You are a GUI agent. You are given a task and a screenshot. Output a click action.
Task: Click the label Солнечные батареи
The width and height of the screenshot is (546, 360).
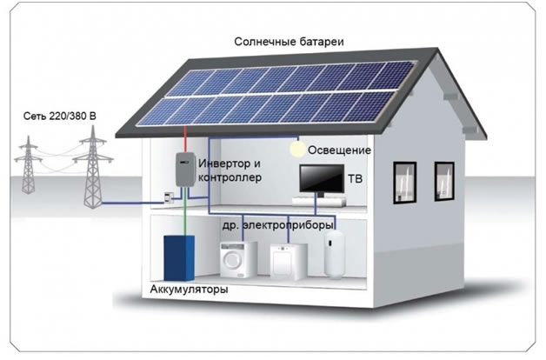[x=289, y=42]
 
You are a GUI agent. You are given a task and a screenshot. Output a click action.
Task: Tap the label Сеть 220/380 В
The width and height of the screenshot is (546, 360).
[x=59, y=116]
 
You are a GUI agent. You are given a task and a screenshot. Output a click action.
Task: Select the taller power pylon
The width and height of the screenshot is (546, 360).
[x=93, y=167]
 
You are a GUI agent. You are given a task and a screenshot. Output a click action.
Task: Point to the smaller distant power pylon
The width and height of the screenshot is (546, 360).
[x=28, y=164]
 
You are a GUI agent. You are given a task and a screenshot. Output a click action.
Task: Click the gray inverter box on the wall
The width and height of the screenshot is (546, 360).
[x=185, y=170]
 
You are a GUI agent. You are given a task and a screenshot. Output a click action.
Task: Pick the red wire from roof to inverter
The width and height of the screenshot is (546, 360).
[x=185, y=139]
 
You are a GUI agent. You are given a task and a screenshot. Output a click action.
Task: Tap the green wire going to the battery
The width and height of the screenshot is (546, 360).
[x=185, y=211]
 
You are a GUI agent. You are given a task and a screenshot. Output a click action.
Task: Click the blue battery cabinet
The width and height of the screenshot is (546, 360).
[x=179, y=257]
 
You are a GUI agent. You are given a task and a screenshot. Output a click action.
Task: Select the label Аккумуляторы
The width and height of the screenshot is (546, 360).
[x=189, y=290]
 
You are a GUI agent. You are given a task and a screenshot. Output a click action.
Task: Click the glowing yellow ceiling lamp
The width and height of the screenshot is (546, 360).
[x=297, y=150]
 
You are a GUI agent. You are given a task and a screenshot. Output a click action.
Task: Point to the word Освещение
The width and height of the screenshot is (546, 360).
[x=339, y=150]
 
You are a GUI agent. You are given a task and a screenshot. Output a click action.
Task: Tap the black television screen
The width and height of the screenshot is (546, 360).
[x=322, y=178]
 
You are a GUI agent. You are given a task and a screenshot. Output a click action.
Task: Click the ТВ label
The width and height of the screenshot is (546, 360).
[x=356, y=179]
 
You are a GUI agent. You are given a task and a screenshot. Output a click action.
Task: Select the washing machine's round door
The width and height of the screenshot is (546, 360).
[x=231, y=259]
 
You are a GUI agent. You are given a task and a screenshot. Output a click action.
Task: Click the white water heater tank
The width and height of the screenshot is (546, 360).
[x=334, y=254]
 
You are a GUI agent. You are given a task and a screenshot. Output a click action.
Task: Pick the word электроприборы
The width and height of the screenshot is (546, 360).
[x=288, y=225]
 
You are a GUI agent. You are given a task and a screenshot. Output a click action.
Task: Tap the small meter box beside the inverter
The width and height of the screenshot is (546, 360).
[x=169, y=197]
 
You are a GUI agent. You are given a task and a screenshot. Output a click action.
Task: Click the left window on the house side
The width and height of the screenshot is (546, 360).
[x=404, y=183]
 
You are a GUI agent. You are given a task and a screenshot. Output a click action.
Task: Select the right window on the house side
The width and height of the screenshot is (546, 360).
[x=444, y=182]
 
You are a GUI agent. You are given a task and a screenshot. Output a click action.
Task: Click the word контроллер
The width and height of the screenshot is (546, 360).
[x=230, y=177]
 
